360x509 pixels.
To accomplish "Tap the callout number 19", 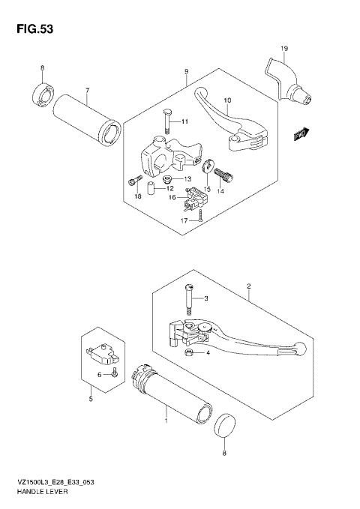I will (284, 49).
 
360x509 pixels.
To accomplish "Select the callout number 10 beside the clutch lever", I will (228, 100).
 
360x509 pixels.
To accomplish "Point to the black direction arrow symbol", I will (302, 133).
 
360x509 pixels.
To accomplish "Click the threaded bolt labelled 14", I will (224, 177).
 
